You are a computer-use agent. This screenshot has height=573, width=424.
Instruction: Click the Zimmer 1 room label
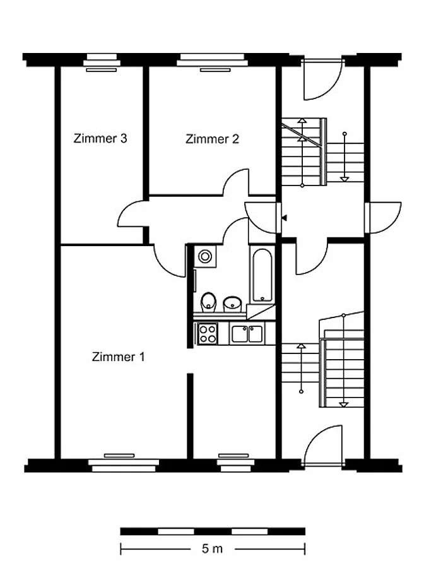tap(118, 357)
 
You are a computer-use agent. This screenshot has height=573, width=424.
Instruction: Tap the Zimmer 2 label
tap(212, 139)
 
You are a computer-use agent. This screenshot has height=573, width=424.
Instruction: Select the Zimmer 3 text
tap(100, 138)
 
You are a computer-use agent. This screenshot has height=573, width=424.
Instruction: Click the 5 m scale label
tap(212, 548)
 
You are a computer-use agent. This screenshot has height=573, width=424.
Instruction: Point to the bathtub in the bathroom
tap(262, 275)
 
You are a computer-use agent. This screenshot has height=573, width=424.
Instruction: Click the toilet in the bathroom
tap(208, 302)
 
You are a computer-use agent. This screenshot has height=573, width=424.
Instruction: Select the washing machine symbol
tap(204, 256)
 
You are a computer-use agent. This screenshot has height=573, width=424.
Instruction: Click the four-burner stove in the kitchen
tap(207, 334)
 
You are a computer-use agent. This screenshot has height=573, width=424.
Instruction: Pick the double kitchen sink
tap(247, 334)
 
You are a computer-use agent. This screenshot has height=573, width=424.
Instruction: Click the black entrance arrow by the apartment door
tap(284, 218)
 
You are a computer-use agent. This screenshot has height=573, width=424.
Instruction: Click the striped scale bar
tap(213, 531)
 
